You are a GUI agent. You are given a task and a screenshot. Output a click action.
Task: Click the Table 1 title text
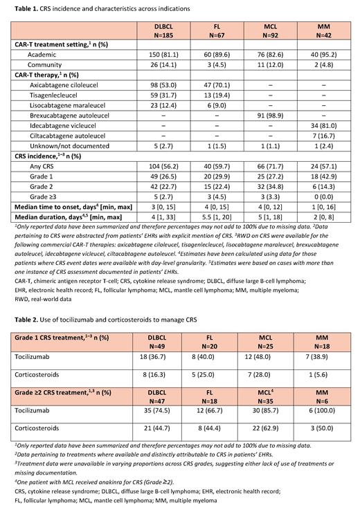point(98,8)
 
